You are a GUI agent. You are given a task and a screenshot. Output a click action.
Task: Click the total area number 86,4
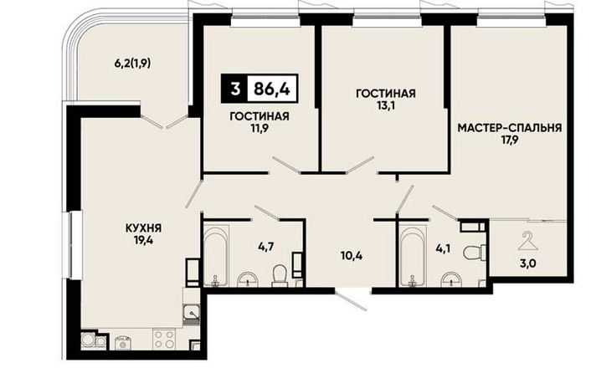click(x=272, y=89)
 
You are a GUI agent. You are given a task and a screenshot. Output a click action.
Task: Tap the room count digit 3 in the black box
click(x=235, y=89)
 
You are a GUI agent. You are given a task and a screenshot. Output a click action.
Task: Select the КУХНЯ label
click(x=143, y=227)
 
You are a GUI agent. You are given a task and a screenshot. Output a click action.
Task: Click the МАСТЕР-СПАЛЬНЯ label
click(x=510, y=128)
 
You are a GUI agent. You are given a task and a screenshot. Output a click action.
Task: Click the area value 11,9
click(x=260, y=128)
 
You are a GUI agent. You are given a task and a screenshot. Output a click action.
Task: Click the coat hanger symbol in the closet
click(x=528, y=242)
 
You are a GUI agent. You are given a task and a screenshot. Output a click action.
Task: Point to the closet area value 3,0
click(x=528, y=263)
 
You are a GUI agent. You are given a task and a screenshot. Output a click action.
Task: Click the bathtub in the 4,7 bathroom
click(x=216, y=255)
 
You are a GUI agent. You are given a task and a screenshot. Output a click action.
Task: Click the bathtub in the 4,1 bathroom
click(x=414, y=256)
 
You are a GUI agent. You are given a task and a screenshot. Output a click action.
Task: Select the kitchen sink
click(x=192, y=313)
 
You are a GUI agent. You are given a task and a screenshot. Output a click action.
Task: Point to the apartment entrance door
click(x=352, y=299)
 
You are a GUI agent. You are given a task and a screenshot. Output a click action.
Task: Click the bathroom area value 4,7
click(x=265, y=248)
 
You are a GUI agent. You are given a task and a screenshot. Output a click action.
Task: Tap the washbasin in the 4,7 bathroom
click(x=248, y=279)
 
